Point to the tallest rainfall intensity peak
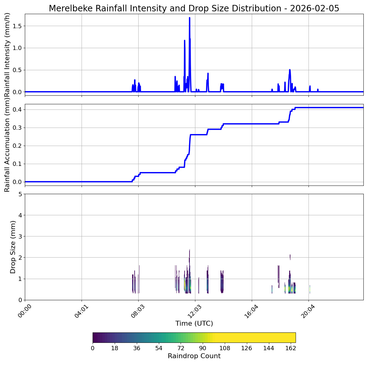click(190, 18)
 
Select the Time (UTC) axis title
click(194, 323)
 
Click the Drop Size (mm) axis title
click(13, 247)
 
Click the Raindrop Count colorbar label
click(194, 356)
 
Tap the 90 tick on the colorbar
click(203, 348)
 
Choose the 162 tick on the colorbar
click(291, 348)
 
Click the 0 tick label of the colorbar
click(93, 348)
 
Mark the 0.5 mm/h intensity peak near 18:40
click(289, 70)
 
